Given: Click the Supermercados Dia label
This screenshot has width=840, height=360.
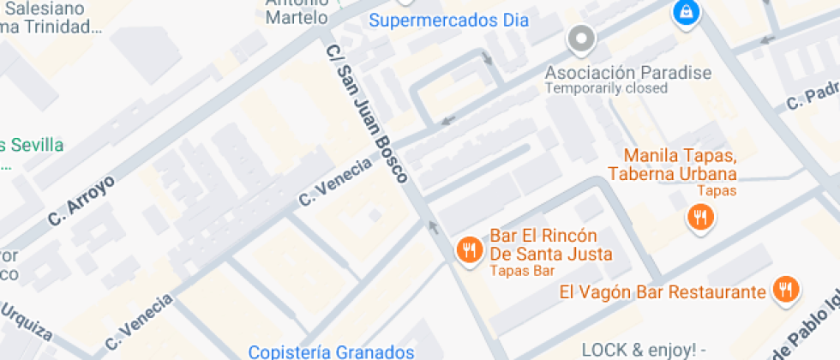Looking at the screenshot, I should coord(448,20).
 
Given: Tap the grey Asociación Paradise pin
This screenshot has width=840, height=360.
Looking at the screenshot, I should coord(582,39).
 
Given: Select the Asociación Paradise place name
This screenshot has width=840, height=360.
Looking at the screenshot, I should coord(628,72).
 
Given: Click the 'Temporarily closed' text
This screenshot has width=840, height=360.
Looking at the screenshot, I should coord(606,88).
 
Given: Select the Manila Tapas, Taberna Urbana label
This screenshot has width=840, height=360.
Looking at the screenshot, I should coord(681,165).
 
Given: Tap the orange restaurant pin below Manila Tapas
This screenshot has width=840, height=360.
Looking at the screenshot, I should coord(701,218).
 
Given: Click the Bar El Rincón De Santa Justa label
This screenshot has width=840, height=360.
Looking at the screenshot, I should coord(551,244).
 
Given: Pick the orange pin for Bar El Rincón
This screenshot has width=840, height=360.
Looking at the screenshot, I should coord(468,250).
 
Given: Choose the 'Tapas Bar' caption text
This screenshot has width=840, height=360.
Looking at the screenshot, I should coord(523,271).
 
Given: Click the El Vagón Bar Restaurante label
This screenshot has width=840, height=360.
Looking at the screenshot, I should coord(662,292).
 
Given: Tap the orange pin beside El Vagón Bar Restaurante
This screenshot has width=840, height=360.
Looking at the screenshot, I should coord(783,290).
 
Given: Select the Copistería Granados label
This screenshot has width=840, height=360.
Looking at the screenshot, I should coord(331,351).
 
